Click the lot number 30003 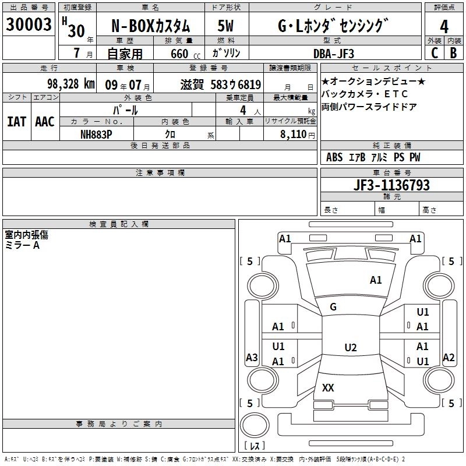pos(29,25)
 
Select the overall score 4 pos(444,27)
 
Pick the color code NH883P pos(97,134)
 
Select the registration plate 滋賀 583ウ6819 pos(221,84)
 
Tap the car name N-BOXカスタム pos(151,27)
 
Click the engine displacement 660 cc pos(174,53)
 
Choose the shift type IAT pos(16,121)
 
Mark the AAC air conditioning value pos(44,121)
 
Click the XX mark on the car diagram pos(328,388)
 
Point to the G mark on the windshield pos(333,307)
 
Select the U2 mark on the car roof pos(350,348)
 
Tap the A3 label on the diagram pos(252,358)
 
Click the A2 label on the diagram pos(449,358)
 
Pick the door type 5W pos(225,27)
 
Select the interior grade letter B pos(453,53)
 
